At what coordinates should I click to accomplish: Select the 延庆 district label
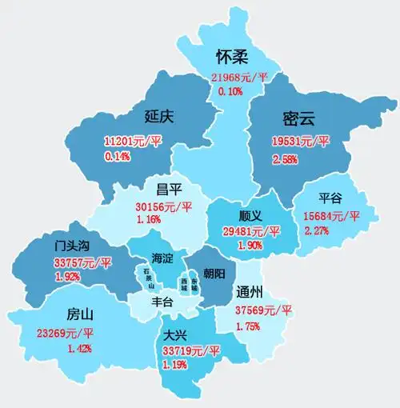click(159, 117)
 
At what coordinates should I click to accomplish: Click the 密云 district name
click(298, 119)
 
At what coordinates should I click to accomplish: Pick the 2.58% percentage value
click(286, 161)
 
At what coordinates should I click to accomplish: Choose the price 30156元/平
click(163, 206)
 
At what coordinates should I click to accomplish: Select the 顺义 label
click(251, 215)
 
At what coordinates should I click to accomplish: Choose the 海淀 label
click(162, 258)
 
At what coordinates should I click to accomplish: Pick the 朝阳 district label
click(215, 272)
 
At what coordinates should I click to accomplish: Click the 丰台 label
click(162, 302)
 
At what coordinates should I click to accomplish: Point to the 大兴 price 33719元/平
click(190, 350)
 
